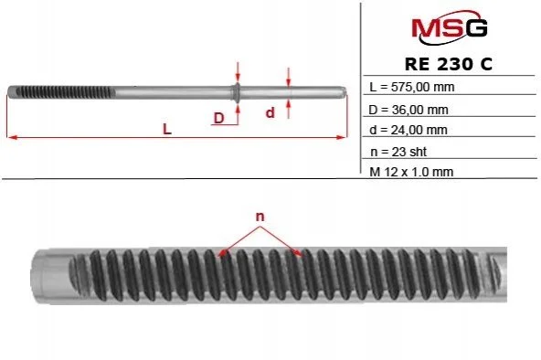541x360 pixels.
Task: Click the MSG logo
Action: [x=450, y=27]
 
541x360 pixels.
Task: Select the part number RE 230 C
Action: [x=449, y=64]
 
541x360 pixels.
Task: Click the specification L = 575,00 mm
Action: [x=411, y=87]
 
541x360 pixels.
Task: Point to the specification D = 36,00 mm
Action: [x=408, y=110]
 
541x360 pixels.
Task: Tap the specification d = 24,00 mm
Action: [x=408, y=130]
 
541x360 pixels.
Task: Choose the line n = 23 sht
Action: [x=398, y=152]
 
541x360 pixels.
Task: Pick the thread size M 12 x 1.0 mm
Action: [x=411, y=172]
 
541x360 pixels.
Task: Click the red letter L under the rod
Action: [x=167, y=130]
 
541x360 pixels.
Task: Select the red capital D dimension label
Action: [x=218, y=118]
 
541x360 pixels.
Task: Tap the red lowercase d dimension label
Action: [x=270, y=112]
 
